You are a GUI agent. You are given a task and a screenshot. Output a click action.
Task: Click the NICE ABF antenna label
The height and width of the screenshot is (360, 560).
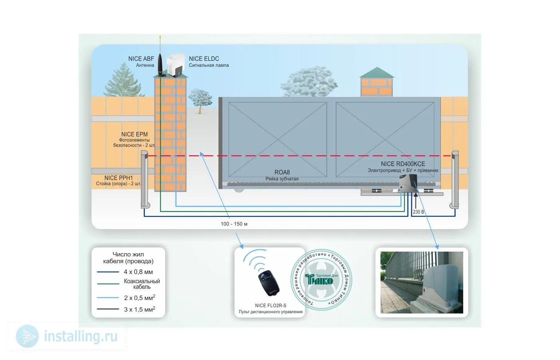point(141,59)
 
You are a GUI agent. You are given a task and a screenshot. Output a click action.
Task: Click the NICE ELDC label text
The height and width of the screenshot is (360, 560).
point(204,59)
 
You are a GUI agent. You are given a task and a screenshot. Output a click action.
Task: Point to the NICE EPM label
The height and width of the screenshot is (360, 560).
point(134,135)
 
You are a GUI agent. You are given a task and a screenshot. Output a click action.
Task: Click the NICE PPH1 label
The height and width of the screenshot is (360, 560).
point(118,178)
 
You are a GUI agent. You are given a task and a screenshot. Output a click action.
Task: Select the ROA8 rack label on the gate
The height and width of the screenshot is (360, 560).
point(282,172)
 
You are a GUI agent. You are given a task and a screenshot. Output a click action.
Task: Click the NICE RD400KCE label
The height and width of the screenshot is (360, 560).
point(403,164)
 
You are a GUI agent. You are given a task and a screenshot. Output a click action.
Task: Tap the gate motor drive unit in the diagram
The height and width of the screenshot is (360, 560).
point(408,185)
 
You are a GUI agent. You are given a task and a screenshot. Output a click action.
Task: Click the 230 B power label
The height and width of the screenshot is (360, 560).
point(418,212)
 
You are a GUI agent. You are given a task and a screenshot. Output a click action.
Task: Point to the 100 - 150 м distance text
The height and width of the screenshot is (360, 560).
point(234,224)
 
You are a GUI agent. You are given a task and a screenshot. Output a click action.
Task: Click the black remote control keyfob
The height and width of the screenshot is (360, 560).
point(268,282)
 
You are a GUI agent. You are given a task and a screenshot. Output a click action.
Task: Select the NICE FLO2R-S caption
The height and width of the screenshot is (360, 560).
point(271,306)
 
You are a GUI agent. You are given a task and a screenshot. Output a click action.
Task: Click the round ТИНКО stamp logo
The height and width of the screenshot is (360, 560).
point(322,280)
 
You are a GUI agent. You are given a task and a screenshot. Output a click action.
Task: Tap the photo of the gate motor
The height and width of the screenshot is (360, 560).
point(421,282)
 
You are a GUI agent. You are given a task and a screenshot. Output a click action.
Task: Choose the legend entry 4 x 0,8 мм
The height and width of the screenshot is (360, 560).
point(138,272)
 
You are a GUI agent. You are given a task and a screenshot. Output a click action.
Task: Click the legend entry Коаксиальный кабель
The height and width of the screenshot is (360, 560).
point(142,284)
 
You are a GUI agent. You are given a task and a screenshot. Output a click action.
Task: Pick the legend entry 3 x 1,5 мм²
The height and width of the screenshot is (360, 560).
point(139,310)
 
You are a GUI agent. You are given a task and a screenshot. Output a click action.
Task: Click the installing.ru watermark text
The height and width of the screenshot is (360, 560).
point(80,336)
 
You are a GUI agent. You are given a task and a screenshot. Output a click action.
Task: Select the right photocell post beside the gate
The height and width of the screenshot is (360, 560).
point(455,180)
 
